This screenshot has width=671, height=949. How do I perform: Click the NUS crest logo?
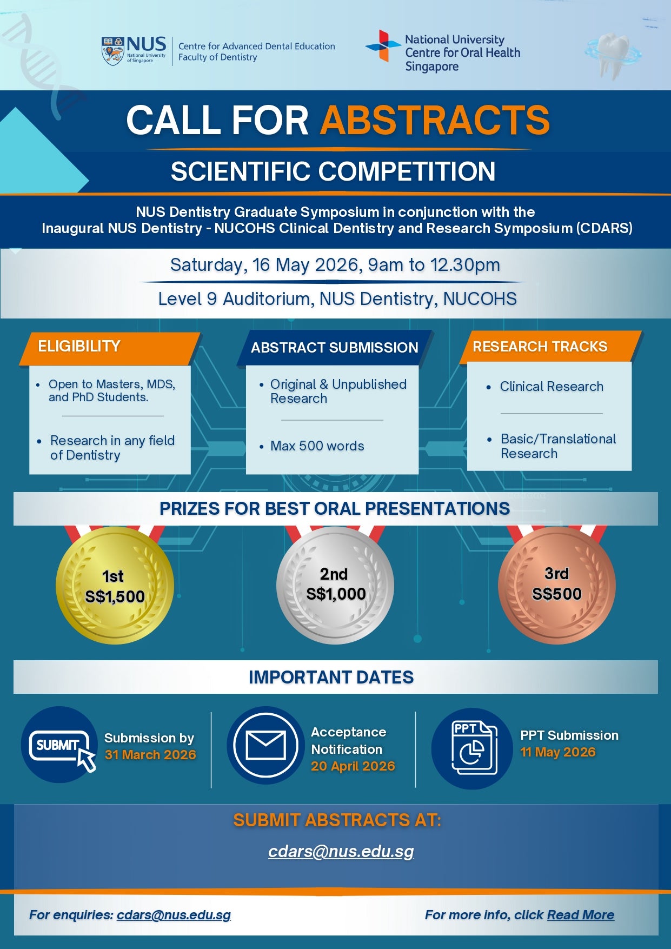pos(113,51)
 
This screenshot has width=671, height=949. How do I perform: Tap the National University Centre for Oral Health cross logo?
pos(383,45)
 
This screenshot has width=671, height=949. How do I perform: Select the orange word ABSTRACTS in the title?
pos(435,120)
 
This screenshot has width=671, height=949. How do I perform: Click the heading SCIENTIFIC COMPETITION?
pos(333,171)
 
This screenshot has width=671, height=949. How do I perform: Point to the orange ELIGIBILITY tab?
pos(110,348)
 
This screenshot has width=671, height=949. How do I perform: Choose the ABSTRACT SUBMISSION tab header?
pos(335,348)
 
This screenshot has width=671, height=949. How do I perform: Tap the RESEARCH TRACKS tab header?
pos(550,347)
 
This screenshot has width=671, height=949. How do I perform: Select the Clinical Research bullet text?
pos(552,387)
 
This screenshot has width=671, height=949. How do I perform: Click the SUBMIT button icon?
pos(59,745)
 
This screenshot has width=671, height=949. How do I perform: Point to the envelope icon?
pos(266,745)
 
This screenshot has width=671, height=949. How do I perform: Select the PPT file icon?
pos(472,748)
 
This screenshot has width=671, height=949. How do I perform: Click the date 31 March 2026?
pos(150,755)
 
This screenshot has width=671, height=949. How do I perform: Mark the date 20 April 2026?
pos(353,766)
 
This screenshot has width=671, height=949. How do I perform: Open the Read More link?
pos(581,915)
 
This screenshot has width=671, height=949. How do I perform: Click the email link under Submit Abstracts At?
pos(341,852)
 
